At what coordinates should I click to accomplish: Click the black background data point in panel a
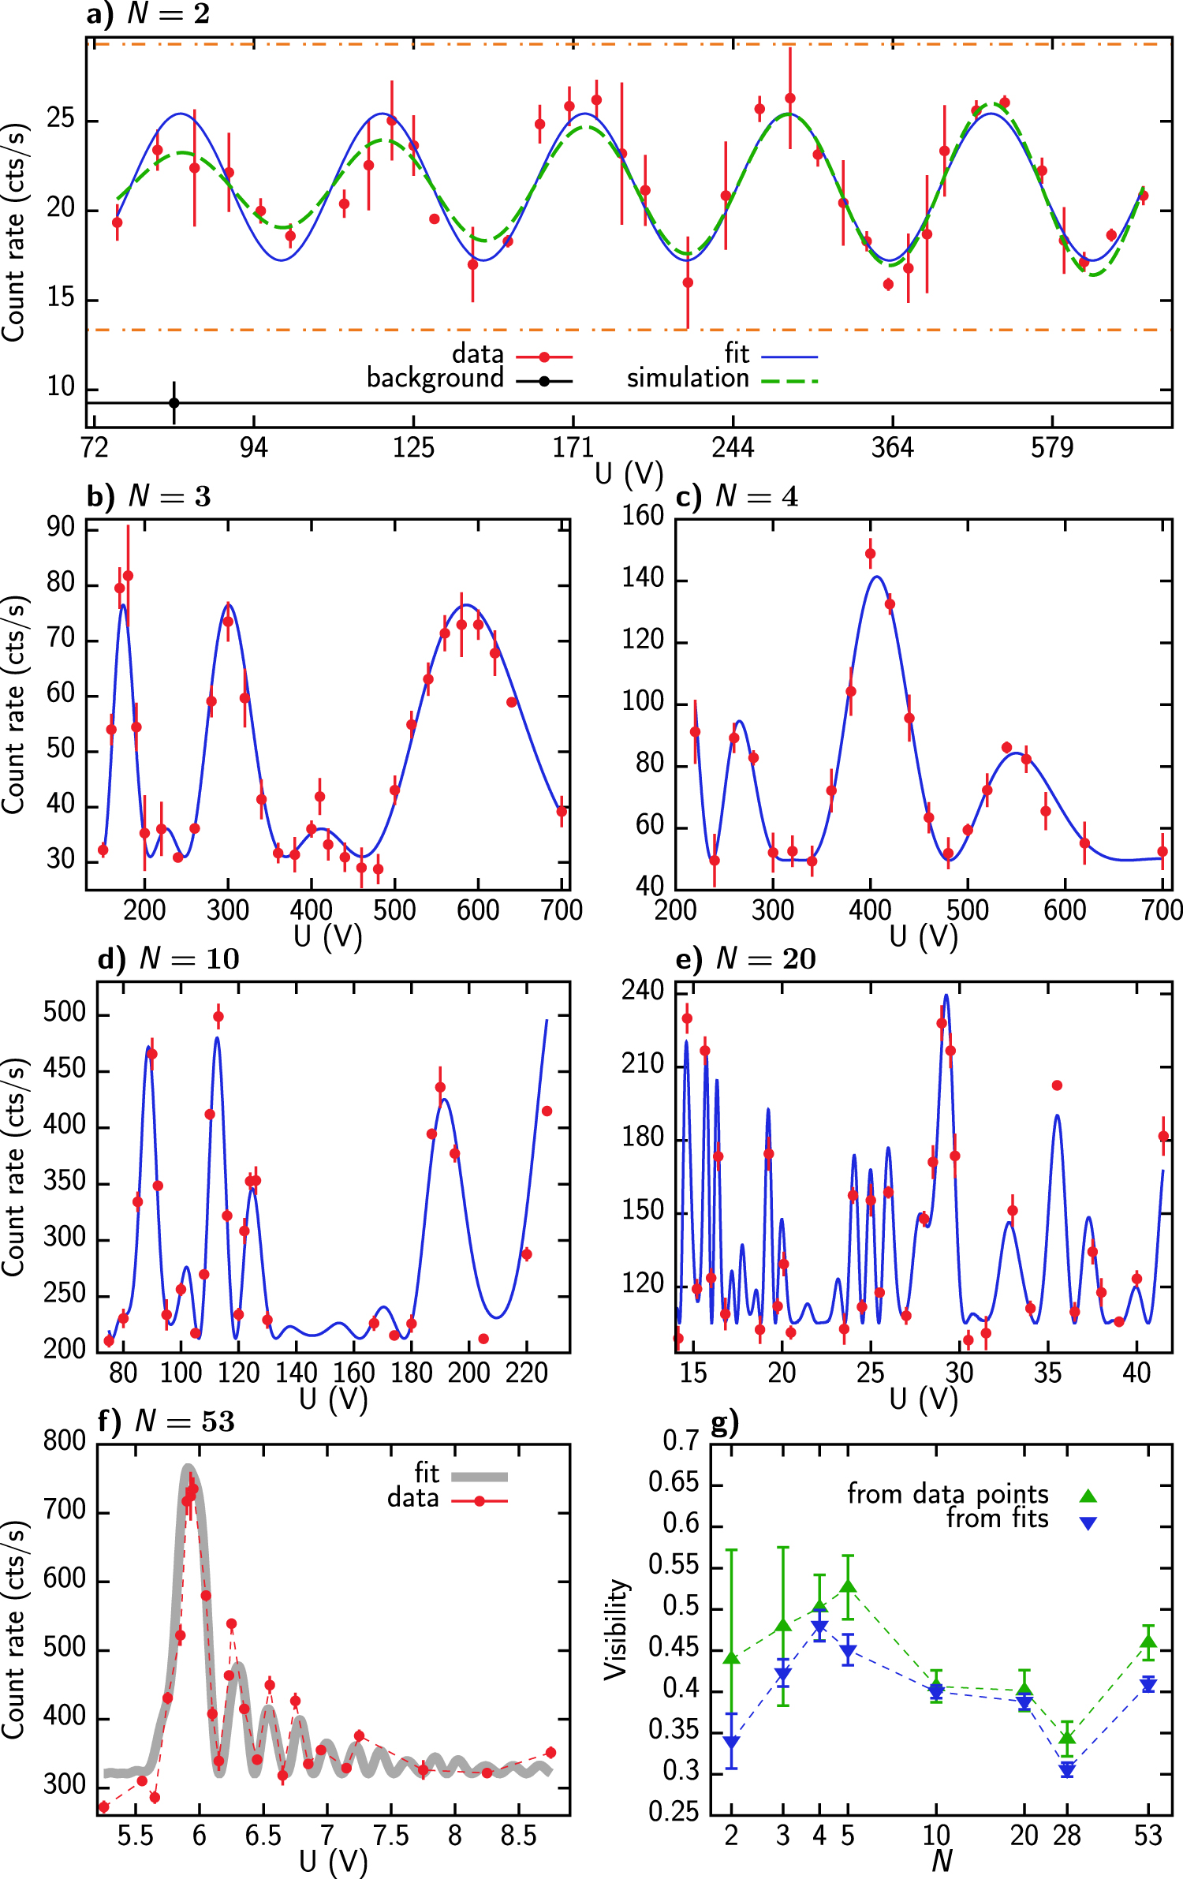(174, 403)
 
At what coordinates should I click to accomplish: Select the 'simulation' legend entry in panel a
(688, 379)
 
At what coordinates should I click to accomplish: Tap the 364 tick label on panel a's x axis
(892, 449)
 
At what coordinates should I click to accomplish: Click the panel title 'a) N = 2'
(148, 13)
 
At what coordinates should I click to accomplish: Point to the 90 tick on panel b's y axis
(61, 528)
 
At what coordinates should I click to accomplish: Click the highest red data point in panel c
(870, 554)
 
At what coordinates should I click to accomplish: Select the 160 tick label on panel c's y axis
(643, 516)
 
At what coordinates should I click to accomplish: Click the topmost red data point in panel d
(218, 1017)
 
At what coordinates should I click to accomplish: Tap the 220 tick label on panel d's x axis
(527, 1373)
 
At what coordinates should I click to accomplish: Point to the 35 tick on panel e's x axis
(1047, 1373)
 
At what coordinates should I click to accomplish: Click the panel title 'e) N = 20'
(746, 958)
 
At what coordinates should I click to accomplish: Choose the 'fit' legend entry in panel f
(427, 1473)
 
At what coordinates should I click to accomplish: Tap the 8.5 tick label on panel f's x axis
(518, 1836)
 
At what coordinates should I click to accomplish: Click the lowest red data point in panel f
(103, 1807)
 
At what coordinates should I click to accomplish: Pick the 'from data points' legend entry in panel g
(948, 1494)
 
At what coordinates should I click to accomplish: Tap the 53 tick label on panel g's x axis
(1148, 1836)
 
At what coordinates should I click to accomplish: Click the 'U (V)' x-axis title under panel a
(629, 474)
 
